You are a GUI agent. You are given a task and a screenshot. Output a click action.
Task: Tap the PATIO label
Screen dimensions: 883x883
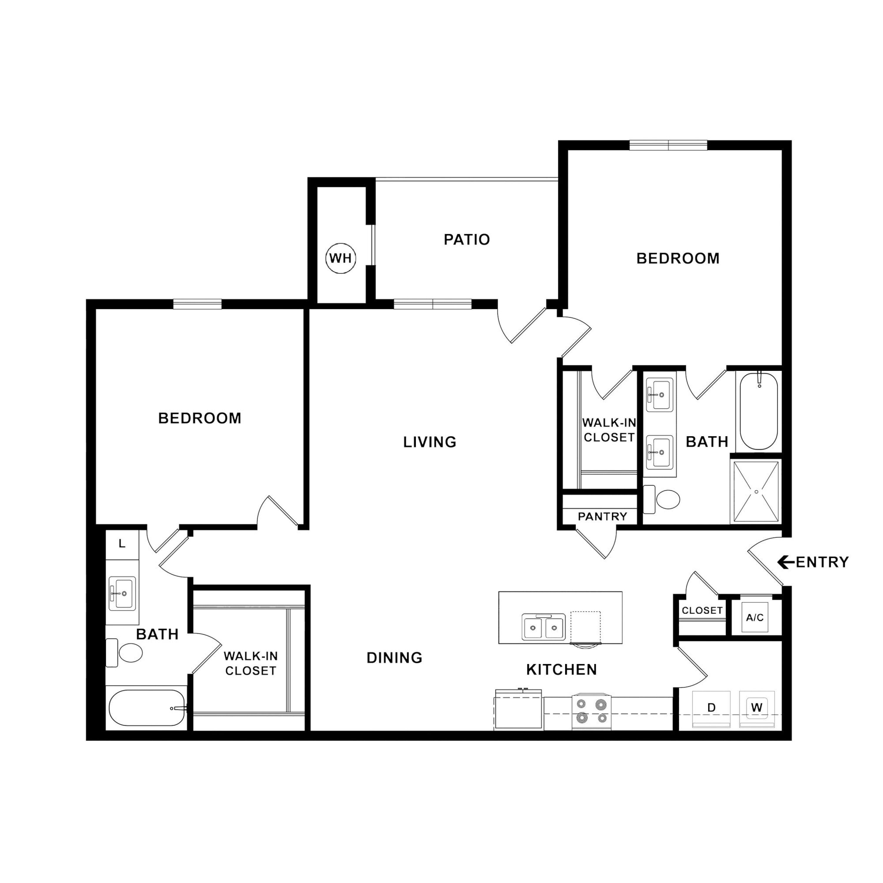click(x=467, y=240)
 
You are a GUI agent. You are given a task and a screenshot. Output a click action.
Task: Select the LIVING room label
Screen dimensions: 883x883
click(x=430, y=442)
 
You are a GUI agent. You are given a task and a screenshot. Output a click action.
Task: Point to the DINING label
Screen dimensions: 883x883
click(x=394, y=658)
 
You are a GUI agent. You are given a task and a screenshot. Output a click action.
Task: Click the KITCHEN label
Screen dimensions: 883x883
click(x=562, y=670)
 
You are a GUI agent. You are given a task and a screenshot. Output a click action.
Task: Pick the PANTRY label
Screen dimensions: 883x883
click(x=603, y=517)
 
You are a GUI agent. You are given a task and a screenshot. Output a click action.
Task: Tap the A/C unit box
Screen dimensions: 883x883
click(x=755, y=618)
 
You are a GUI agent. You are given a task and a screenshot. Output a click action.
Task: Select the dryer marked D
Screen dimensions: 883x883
click(x=711, y=709)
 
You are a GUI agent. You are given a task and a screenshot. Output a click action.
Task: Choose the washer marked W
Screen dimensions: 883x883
click(x=757, y=709)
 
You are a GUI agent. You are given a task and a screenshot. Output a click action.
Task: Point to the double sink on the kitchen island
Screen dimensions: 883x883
click(x=543, y=627)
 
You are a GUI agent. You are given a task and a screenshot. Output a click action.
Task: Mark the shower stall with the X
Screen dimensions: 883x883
click(x=756, y=491)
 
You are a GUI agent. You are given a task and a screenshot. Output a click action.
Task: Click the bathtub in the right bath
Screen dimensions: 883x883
click(x=759, y=411)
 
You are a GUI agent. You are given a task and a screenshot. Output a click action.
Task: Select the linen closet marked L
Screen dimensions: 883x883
click(x=122, y=544)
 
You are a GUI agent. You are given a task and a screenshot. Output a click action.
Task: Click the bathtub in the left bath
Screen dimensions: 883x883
click(x=147, y=708)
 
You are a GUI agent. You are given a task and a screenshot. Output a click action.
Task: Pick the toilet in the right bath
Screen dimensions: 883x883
click(x=661, y=499)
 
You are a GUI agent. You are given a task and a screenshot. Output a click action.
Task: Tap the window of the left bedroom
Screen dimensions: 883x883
click(x=197, y=304)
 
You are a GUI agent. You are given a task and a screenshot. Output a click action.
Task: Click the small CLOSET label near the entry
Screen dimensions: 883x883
click(x=702, y=611)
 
